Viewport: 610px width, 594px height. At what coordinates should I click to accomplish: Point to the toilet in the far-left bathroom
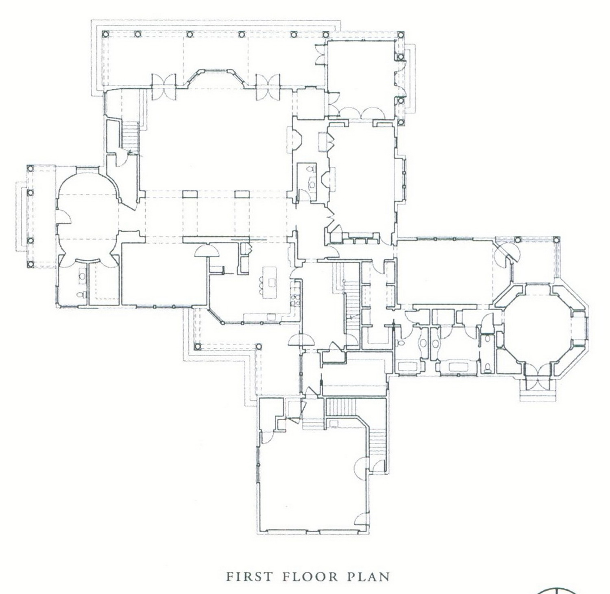click(80, 294)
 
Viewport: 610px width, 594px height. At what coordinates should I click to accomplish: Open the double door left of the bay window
click(163, 87)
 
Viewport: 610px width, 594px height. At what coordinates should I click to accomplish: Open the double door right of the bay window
click(268, 87)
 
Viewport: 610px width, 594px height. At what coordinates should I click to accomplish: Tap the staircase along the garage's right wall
click(376, 440)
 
